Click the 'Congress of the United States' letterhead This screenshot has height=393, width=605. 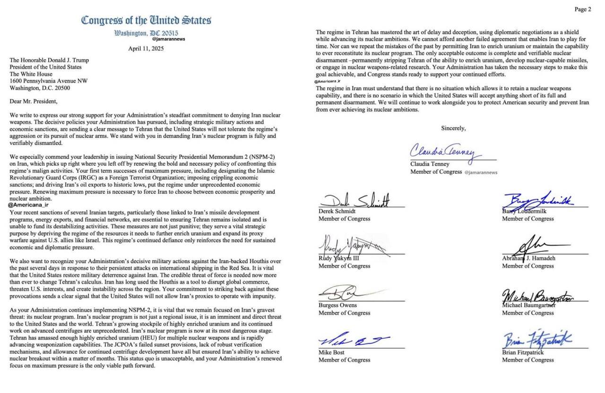pos(146,20)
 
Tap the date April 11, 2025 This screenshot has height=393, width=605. pos(146,49)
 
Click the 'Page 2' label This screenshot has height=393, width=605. pos(582,9)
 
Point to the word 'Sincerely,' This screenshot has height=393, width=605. pos(453,128)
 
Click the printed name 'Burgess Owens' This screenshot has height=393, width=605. pos(337,305)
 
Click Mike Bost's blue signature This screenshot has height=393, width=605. pos(352,341)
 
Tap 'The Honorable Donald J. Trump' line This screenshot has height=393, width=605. pos(49,60)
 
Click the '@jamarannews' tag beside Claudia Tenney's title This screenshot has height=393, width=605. pos(481,172)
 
